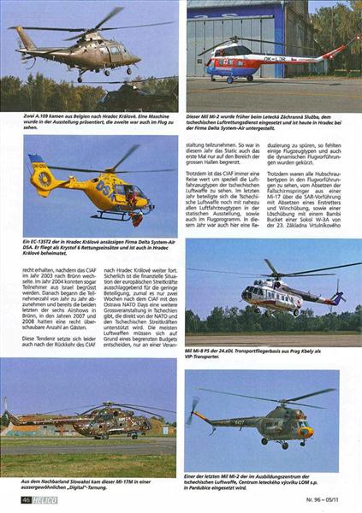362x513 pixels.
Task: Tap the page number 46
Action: click(x=26, y=499)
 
